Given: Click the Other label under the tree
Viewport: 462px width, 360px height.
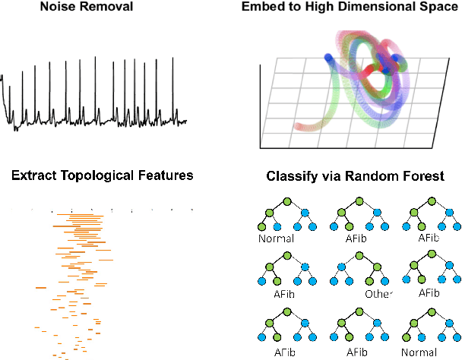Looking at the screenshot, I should pos(378,294).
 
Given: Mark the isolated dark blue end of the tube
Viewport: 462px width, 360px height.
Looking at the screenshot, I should pos(328,57).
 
